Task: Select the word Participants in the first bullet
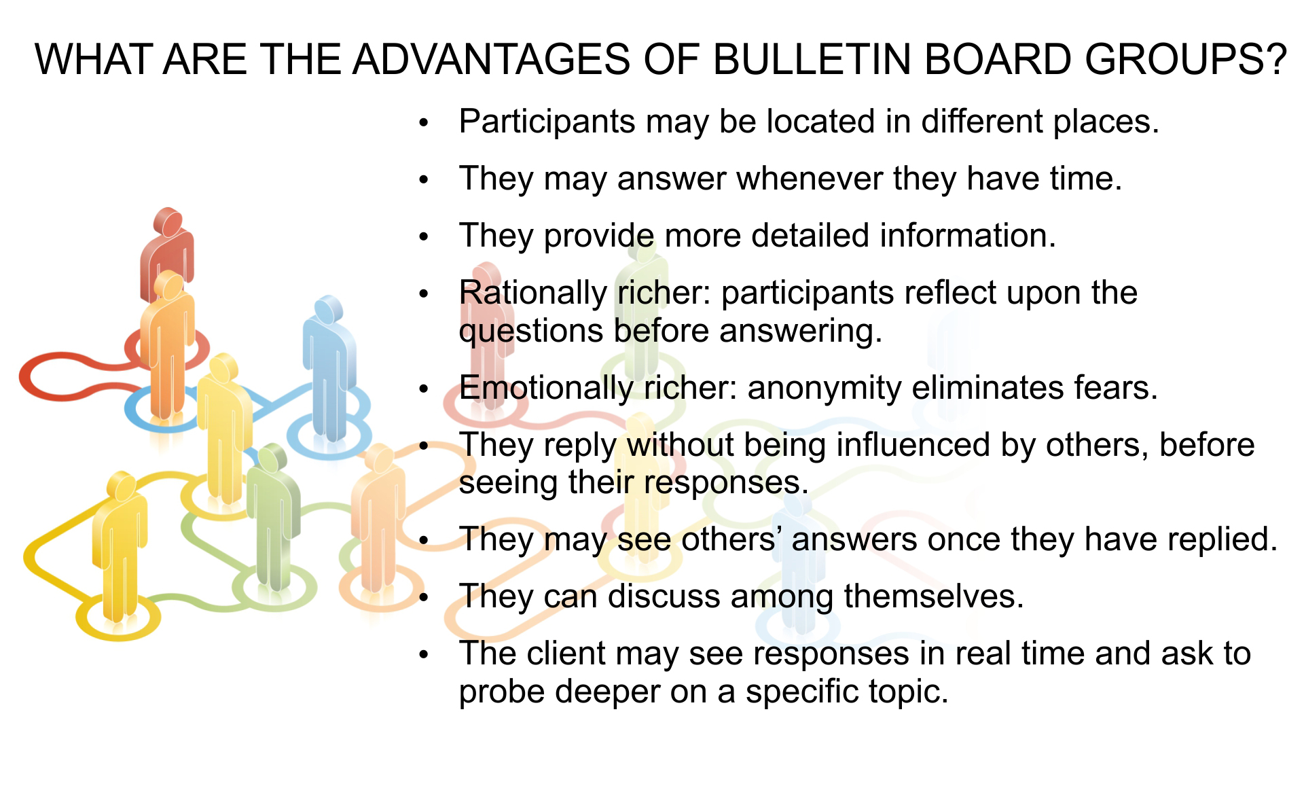(x=547, y=122)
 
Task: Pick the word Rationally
(x=532, y=293)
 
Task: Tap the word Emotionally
(x=545, y=389)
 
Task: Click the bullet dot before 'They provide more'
(x=425, y=237)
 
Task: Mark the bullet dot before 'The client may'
(x=425, y=655)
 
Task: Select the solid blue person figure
(x=329, y=368)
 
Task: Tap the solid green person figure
(x=273, y=516)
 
